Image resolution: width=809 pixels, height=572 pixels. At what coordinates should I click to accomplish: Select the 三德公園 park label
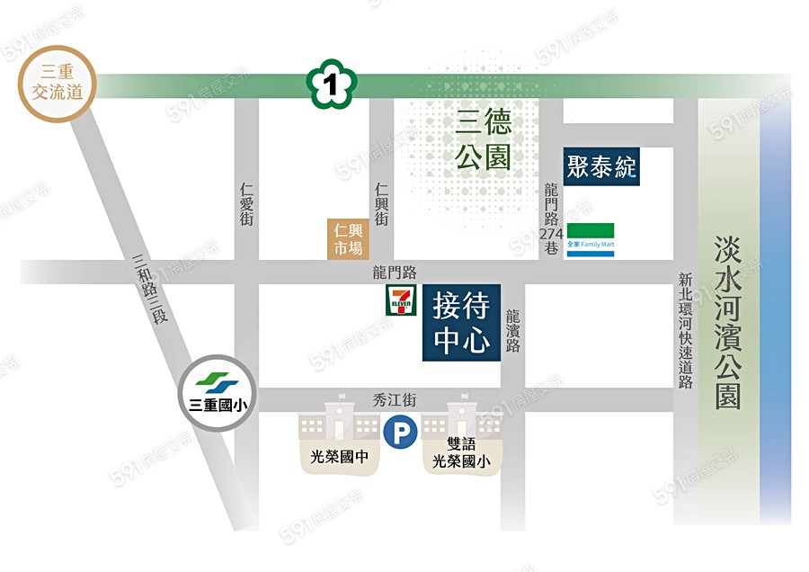[483, 139]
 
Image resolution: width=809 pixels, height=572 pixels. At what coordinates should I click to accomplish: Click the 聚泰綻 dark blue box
[601, 166]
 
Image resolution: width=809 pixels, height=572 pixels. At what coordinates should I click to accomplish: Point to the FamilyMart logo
[591, 239]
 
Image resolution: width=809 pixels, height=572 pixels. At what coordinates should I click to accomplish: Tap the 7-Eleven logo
[399, 300]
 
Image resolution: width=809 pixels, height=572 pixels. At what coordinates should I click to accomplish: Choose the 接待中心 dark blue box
[461, 323]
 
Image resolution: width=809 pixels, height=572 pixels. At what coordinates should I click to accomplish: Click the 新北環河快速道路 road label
[686, 330]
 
